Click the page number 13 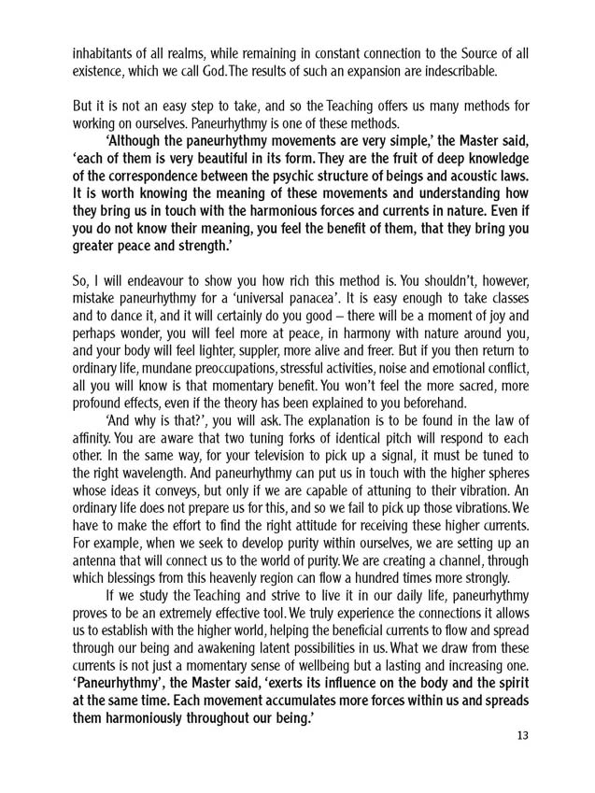522,734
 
